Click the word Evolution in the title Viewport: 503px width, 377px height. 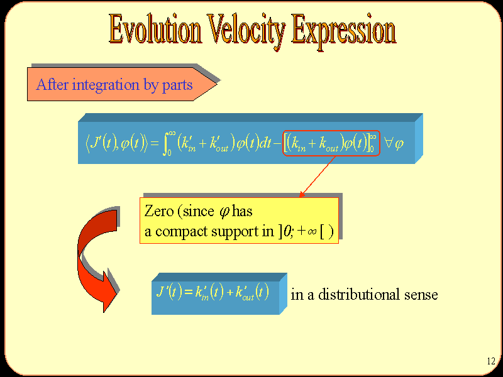[155, 29]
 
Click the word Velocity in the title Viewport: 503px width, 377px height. [246, 31]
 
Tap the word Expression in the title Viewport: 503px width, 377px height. [343, 31]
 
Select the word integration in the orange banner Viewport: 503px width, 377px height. [106, 85]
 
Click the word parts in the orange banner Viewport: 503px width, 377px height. [177, 85]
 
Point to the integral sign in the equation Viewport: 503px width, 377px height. [166, 143]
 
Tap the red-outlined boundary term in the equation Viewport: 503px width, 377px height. [331, 143]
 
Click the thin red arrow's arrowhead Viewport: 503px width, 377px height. [302, 194]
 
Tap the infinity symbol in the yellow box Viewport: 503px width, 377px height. [312, 231]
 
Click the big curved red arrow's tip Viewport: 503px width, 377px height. [104, 312]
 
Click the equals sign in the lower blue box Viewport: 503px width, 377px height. [188, 292]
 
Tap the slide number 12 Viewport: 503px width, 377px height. [491, 361]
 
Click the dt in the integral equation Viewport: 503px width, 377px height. [265, 143]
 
